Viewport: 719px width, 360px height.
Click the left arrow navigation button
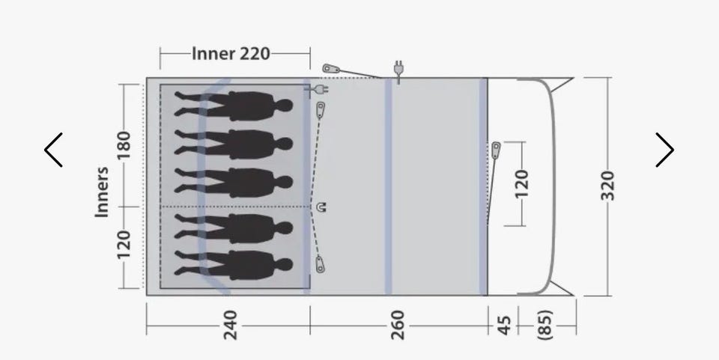click(x=53, y=150)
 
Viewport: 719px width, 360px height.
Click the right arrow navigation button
click(x=665, y=150)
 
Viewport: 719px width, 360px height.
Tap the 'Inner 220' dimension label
click(x=231, y=54)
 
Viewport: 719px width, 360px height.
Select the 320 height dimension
click(x=607, y=186)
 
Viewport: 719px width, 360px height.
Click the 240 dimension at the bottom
click(x=230, y=325)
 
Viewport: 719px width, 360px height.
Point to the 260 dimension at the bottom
click(x=398, y=325)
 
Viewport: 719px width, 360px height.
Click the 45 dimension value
click(x=504, y=325)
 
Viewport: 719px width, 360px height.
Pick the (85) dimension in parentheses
click(x=544, y=325)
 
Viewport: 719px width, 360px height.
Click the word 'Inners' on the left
click(x=102, y=192)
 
